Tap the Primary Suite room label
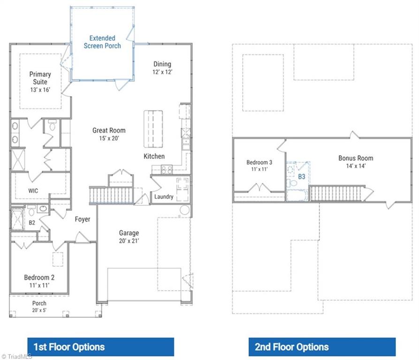(40, 82)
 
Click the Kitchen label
(154, 156)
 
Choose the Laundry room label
(164, 197)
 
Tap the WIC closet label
(33, 191)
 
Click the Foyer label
(83, 219)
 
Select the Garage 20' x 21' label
(129, 237)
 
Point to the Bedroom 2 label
(39, 281)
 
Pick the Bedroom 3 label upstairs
(259, 166)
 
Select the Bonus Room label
(356, 162)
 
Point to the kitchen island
(153, 129)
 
